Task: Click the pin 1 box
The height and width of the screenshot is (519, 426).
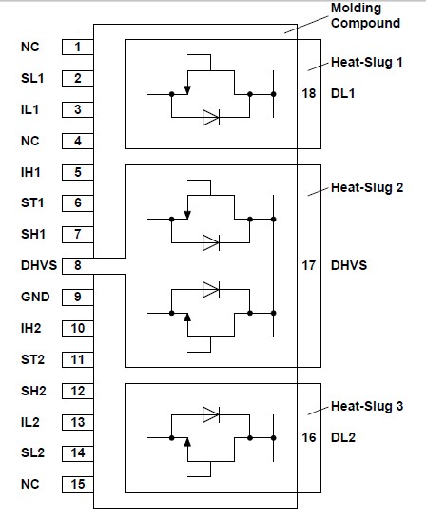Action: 78,47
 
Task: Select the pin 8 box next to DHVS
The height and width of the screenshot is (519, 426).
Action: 78,265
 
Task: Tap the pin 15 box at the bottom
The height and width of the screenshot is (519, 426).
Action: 78,484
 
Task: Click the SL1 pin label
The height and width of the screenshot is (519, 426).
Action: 31,78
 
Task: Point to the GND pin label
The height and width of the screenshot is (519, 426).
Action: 32,297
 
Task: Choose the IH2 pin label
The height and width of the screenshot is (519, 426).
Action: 31,328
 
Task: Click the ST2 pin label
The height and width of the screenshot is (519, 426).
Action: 31,359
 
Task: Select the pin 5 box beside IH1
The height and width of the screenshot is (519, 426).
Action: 78,172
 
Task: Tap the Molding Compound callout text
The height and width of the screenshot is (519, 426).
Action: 359,15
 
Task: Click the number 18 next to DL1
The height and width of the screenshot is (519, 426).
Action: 307,95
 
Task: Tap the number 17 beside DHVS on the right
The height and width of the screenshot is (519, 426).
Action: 307,265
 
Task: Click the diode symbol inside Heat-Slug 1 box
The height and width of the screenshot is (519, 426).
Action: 210,118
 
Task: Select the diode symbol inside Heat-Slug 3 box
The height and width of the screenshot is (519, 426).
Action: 210,414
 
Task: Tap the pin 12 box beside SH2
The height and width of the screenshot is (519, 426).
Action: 78,391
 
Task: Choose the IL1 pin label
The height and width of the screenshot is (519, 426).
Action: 31,109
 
